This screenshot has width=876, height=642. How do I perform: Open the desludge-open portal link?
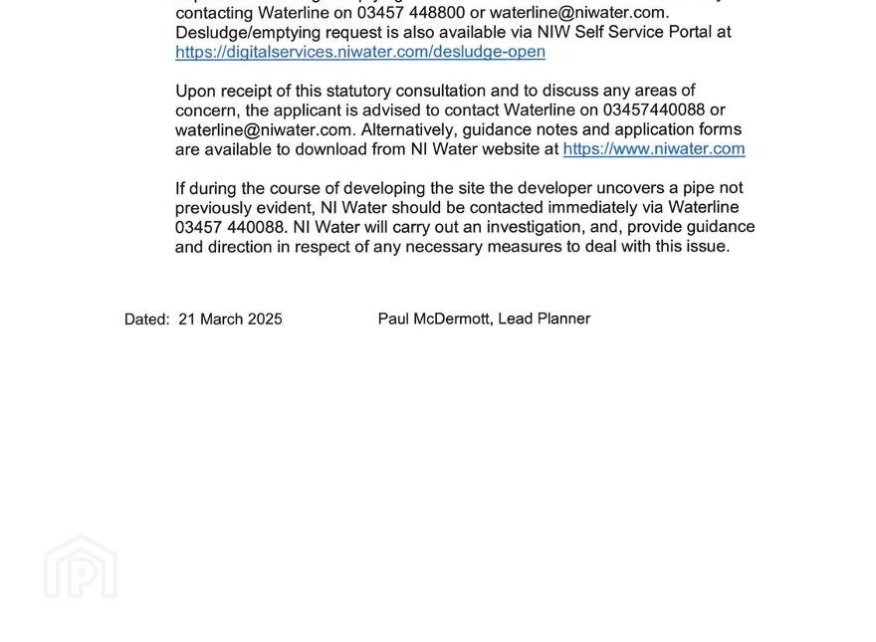coord(360,52)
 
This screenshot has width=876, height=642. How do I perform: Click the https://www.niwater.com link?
coord(654,149)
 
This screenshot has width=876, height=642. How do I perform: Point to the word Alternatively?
coord(407,129)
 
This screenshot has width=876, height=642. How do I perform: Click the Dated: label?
coord(146,320)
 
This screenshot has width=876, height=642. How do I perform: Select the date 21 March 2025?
coord(231,320)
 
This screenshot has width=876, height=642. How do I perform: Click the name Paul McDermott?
coord(434,319)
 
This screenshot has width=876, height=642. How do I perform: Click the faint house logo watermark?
coord(81,567)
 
